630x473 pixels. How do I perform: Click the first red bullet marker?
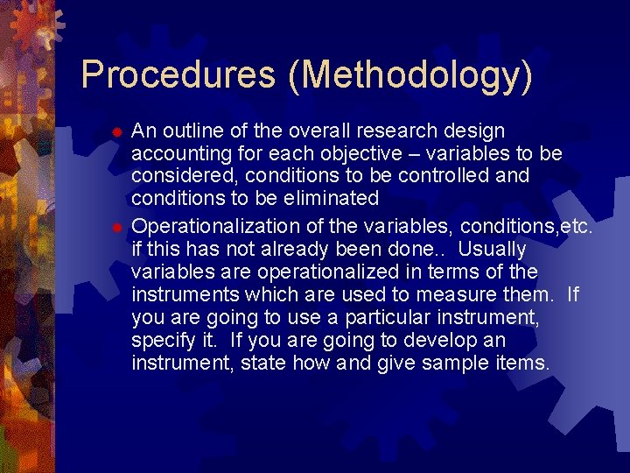pyautogui.click(x=115, y=132)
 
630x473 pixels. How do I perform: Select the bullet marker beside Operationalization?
pyautogui.click(x=115, y=229)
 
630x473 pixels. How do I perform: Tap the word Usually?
pyautogui.click(x=493, y=250)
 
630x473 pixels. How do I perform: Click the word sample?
pyautogui.click(x=456, y=362)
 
